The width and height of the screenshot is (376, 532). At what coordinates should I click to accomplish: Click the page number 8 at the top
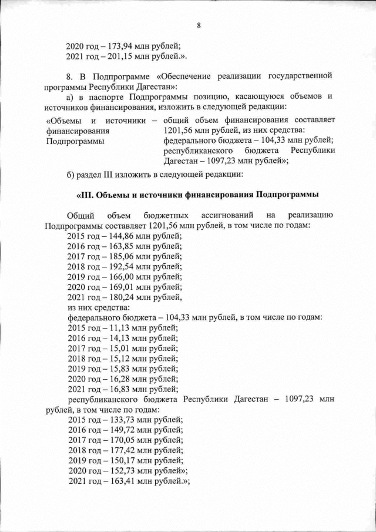click(x=199, y=25)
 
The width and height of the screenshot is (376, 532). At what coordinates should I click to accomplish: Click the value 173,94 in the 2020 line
click(x=120, y=46)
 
